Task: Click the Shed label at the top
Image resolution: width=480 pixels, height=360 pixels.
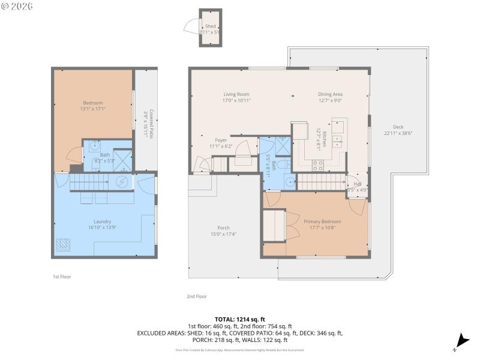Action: (x=210, y=26)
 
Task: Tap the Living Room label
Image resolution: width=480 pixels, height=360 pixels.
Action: (x=236, y=94)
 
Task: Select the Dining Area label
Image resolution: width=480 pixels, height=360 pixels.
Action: (x=330, y=94)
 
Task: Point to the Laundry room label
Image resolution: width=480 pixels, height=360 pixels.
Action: (x=103, y=221)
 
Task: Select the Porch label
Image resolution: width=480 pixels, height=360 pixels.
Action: (x=223, y=227)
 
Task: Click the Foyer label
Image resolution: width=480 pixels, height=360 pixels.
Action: (x=221, y=140)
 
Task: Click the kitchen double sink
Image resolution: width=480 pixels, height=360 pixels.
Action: (x=337, y=142)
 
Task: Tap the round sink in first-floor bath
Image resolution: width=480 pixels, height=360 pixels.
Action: (x=95, y=145)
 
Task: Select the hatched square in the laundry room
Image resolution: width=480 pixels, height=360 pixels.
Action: (x=64, y=244)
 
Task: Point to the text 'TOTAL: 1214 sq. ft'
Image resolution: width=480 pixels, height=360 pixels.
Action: (x=240, y=319)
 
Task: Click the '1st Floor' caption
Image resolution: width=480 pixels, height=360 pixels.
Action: (x=62, y=277)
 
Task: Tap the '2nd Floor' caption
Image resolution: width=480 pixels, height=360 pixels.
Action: (x=196, y=296)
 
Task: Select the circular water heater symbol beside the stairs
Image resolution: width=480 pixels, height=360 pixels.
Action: (x=122, y=182)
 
